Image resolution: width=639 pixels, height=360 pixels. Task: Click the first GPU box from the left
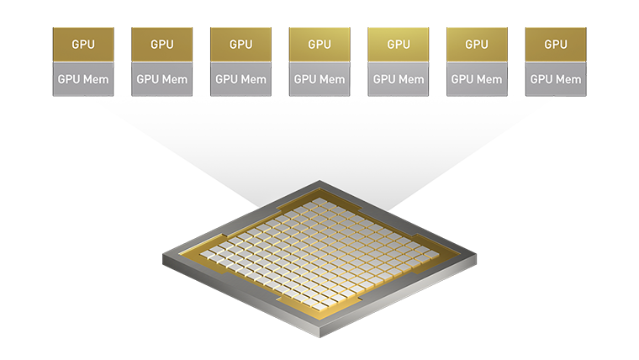pos(83,45)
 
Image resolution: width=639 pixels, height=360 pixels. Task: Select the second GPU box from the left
pos(162,45)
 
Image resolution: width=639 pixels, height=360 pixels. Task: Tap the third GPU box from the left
pos(241,45)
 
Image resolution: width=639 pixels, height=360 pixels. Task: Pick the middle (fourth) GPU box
pos(319,45)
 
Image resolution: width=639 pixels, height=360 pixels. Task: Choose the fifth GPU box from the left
pos(399,45)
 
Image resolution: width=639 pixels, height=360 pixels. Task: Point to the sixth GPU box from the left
pos(477,45)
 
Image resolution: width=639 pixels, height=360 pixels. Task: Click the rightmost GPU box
pos(556,45)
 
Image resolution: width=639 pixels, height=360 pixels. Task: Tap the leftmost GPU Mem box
pos(83,79)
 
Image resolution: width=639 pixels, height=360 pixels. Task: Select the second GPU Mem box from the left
pos(162,79)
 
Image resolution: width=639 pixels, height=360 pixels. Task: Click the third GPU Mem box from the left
pos(241,79)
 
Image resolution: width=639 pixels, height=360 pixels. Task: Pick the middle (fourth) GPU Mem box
pos(319,79)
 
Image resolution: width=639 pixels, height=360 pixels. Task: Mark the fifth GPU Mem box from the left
pos(399,79)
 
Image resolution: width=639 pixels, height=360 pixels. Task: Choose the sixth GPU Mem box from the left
pos(477,79)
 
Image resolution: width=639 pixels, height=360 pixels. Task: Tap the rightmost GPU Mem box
pos(556,79)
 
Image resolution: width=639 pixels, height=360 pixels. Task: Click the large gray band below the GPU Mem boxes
pos(319,143)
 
